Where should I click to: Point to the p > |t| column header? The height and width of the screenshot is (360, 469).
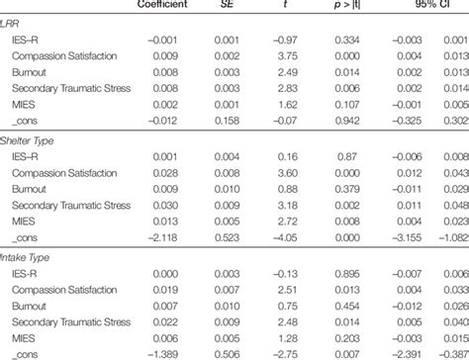coord(345,8)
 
